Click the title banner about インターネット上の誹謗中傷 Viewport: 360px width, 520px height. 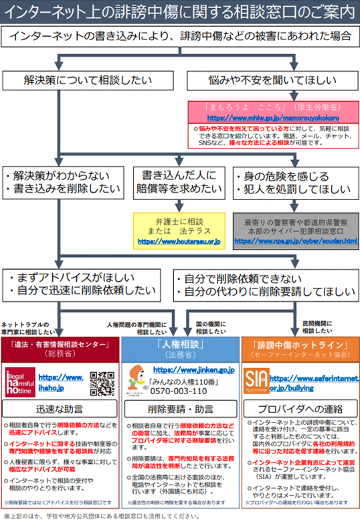(179, 11)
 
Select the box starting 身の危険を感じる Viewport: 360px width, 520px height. (295, 183)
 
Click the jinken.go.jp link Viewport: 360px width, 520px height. (193, 369)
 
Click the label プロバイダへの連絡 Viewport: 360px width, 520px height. (298, 409)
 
